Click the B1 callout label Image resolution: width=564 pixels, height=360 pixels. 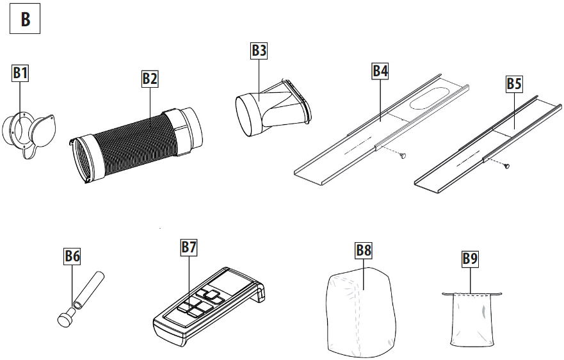click(x=20, y=73)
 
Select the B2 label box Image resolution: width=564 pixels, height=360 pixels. click(x=150, y=78)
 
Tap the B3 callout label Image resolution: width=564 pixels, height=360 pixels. click(x=259, y=51)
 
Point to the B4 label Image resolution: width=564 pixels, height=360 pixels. click(x=380, y=70)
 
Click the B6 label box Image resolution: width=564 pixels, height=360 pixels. click(x=72, y=256)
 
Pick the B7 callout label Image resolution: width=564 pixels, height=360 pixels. click(x=188, y=247)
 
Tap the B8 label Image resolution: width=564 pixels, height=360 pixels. click(x=363, y=250)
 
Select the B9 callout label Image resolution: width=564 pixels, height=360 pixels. click(x=470, y=259)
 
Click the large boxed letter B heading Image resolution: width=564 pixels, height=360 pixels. click(x=25, y=19)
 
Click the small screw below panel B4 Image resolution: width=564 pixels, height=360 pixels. click(x=403, y=155)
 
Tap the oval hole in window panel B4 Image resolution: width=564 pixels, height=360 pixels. click(x=429, y=97)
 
